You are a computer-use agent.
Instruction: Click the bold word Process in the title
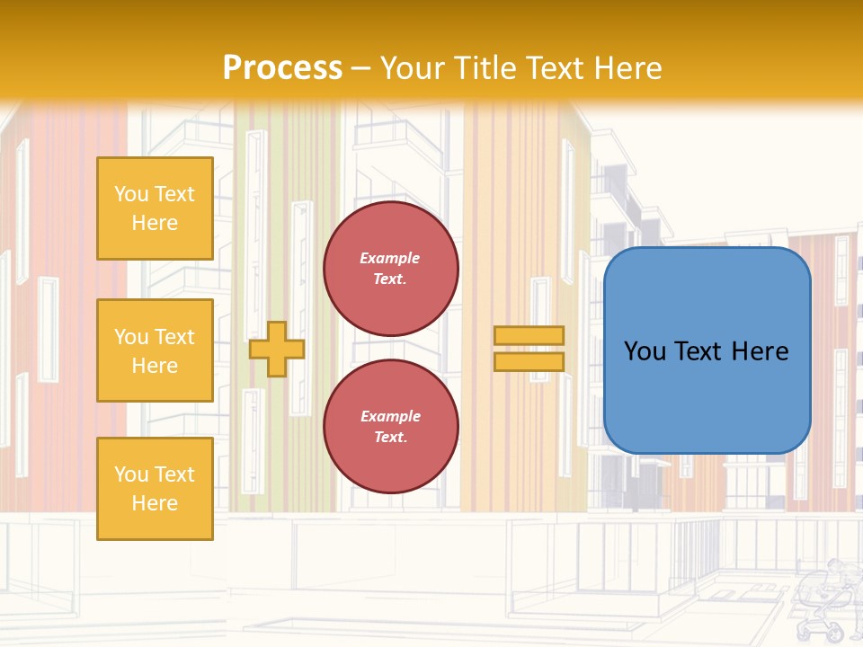click(x=282, y=68)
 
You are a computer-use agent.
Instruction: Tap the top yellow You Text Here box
click(x=155, y=208)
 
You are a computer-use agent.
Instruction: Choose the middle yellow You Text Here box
click(x=155, y=350)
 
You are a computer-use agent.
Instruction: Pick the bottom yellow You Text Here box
click(x=155, y=489)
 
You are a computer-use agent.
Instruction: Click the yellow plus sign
click(x=277, y=349)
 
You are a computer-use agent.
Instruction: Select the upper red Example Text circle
click(x=391, y=269)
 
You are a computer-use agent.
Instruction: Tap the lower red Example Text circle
click(x=391, y=427)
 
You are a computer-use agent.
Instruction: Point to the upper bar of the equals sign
click(x=529, y=335)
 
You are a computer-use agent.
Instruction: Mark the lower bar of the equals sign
click(x=529, y=361)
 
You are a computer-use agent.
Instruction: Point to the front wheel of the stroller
click(x=832, y=633)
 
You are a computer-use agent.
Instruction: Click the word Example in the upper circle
click(x=390, y=258)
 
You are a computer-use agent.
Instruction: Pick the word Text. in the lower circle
click(x=390, y=438)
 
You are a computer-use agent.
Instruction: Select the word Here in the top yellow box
click(x=155, y=223)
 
